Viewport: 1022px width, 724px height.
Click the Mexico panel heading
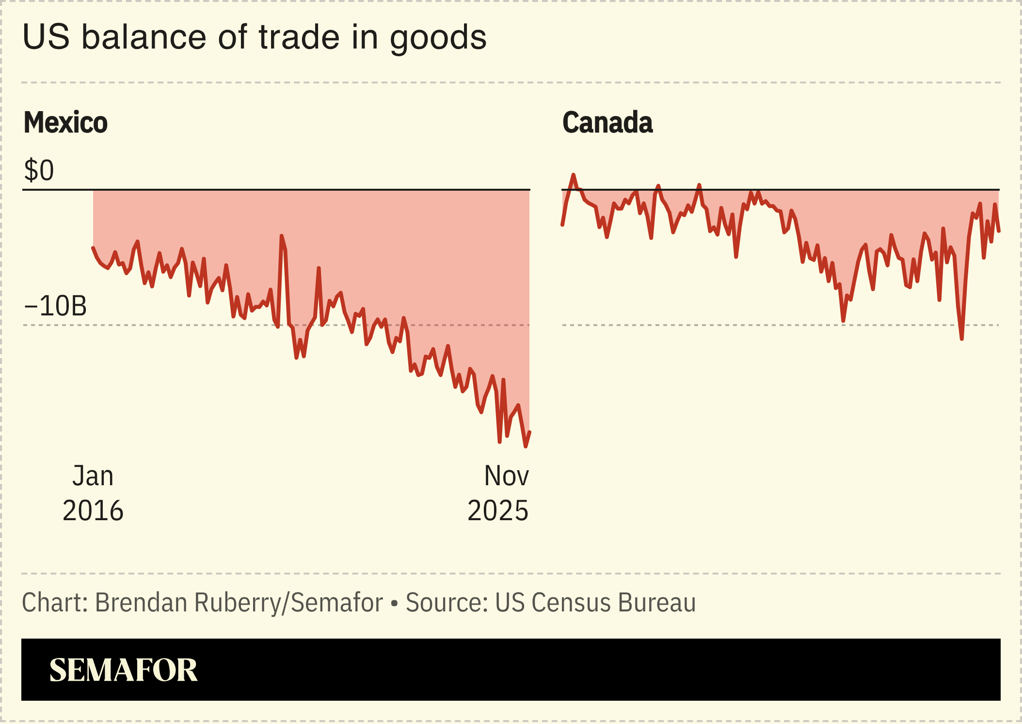(65, 122)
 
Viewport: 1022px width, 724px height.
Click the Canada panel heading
(607, 122)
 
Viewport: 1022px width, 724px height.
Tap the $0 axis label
(39, 171)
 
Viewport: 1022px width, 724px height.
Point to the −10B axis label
(55, 306)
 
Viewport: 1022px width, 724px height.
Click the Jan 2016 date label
(93, 493)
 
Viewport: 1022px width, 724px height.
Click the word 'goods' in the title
(438, 38)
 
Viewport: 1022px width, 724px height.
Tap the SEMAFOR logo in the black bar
(123, 670)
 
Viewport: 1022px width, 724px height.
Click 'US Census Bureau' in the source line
(595, 603)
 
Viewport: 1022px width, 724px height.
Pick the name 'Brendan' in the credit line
(141, 603)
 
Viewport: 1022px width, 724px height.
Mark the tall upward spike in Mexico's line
(282, 236)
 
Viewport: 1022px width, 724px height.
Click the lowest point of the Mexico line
(525, 446)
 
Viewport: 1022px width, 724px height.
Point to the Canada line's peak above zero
(574, 175)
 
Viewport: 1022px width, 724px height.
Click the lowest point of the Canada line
(961, 338)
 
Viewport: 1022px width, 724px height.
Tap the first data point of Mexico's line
(93, 248)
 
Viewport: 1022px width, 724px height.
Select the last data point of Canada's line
(999, 231)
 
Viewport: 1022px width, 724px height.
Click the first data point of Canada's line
(562, 225)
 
